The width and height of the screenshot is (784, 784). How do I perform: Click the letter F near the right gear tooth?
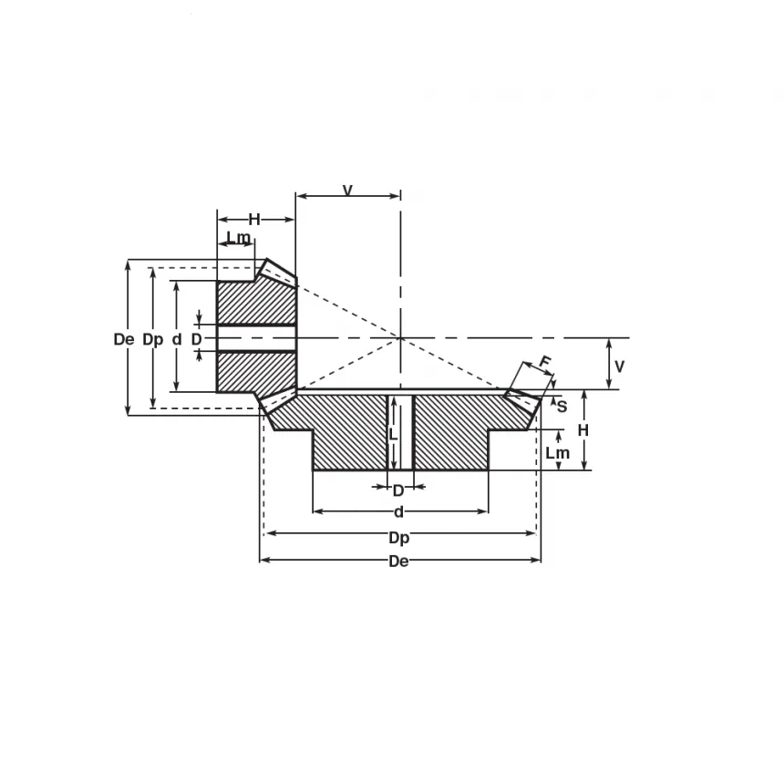545,363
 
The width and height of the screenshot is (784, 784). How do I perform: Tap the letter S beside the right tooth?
562,407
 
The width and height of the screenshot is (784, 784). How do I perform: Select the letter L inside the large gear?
393,435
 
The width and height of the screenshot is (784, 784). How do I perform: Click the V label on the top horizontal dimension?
347,191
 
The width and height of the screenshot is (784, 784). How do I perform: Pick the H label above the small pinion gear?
254,219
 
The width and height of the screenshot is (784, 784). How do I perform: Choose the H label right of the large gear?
583,429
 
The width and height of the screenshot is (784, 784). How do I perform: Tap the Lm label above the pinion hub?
238,238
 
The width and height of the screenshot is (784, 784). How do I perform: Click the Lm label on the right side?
557,453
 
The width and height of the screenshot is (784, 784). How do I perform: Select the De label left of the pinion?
124,339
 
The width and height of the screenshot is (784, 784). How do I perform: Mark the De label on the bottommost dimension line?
398,562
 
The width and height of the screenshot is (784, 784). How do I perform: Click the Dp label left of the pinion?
153,339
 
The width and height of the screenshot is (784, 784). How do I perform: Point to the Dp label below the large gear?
398,538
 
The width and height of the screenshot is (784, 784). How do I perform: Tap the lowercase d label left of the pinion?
177,339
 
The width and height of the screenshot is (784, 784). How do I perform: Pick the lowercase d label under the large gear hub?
398,512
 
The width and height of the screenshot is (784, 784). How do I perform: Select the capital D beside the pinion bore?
196,339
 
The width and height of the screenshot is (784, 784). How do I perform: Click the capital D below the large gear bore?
398,490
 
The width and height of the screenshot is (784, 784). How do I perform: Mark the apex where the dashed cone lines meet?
400,338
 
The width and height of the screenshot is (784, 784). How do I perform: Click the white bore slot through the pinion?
256,338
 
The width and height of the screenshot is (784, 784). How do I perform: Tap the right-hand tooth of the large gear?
523,399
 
